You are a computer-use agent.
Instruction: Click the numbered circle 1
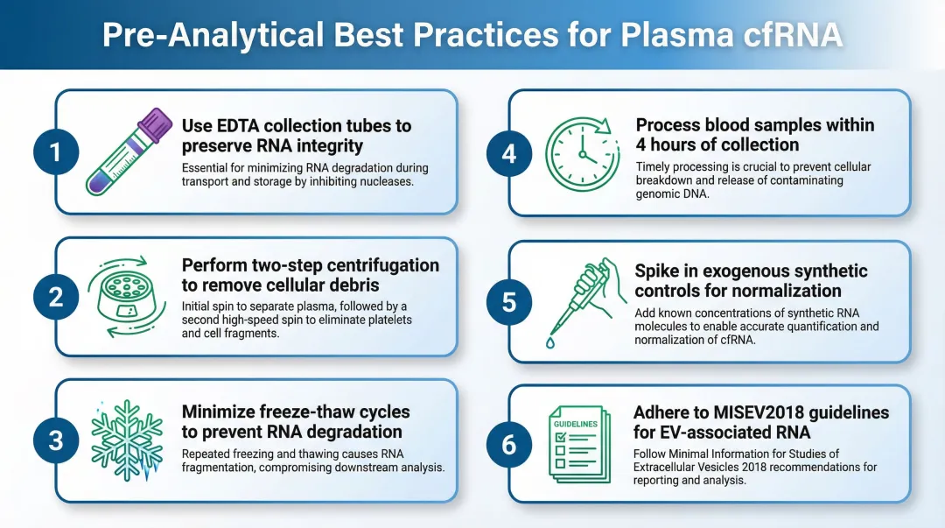(55, 152)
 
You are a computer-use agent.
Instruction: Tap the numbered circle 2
(55, 297)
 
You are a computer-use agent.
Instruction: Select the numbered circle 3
(55, 440)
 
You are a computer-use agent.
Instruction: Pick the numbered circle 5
(508, 302)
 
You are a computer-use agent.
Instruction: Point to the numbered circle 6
(508, 444)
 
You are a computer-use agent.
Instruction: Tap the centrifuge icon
(128, 295)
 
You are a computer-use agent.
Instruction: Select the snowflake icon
(128, 440)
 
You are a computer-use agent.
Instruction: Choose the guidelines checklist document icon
(578, 444)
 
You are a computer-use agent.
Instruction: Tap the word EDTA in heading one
(236, 125)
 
